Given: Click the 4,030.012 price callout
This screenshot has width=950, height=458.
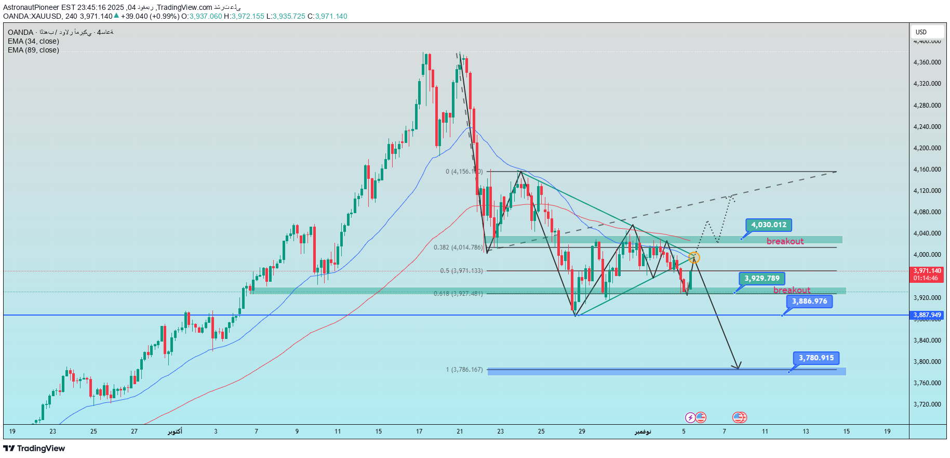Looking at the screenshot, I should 769,225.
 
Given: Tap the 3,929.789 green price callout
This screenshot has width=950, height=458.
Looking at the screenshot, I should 762,279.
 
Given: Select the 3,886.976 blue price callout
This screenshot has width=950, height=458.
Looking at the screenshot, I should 809,302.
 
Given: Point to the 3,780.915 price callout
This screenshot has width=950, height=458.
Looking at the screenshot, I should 816,358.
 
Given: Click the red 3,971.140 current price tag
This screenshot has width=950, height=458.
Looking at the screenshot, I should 927,274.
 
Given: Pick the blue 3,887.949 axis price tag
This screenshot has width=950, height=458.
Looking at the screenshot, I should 927,315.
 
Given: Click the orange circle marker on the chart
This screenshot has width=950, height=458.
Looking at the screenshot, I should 694,257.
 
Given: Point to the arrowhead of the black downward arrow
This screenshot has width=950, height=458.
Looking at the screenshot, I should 738,367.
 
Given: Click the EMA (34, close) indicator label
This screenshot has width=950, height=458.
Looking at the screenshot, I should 33,41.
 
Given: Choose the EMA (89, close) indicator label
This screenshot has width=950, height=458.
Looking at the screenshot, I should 33,50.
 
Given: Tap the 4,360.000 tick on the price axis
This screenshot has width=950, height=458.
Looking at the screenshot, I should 927,62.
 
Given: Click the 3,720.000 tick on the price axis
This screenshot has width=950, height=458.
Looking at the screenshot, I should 927,404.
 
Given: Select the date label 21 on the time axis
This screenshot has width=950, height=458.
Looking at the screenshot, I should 460,431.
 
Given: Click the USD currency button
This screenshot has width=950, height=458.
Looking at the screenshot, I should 921,32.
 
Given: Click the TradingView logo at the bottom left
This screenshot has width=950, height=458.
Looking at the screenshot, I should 34,449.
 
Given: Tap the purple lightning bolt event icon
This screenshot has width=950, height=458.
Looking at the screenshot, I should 690,417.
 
